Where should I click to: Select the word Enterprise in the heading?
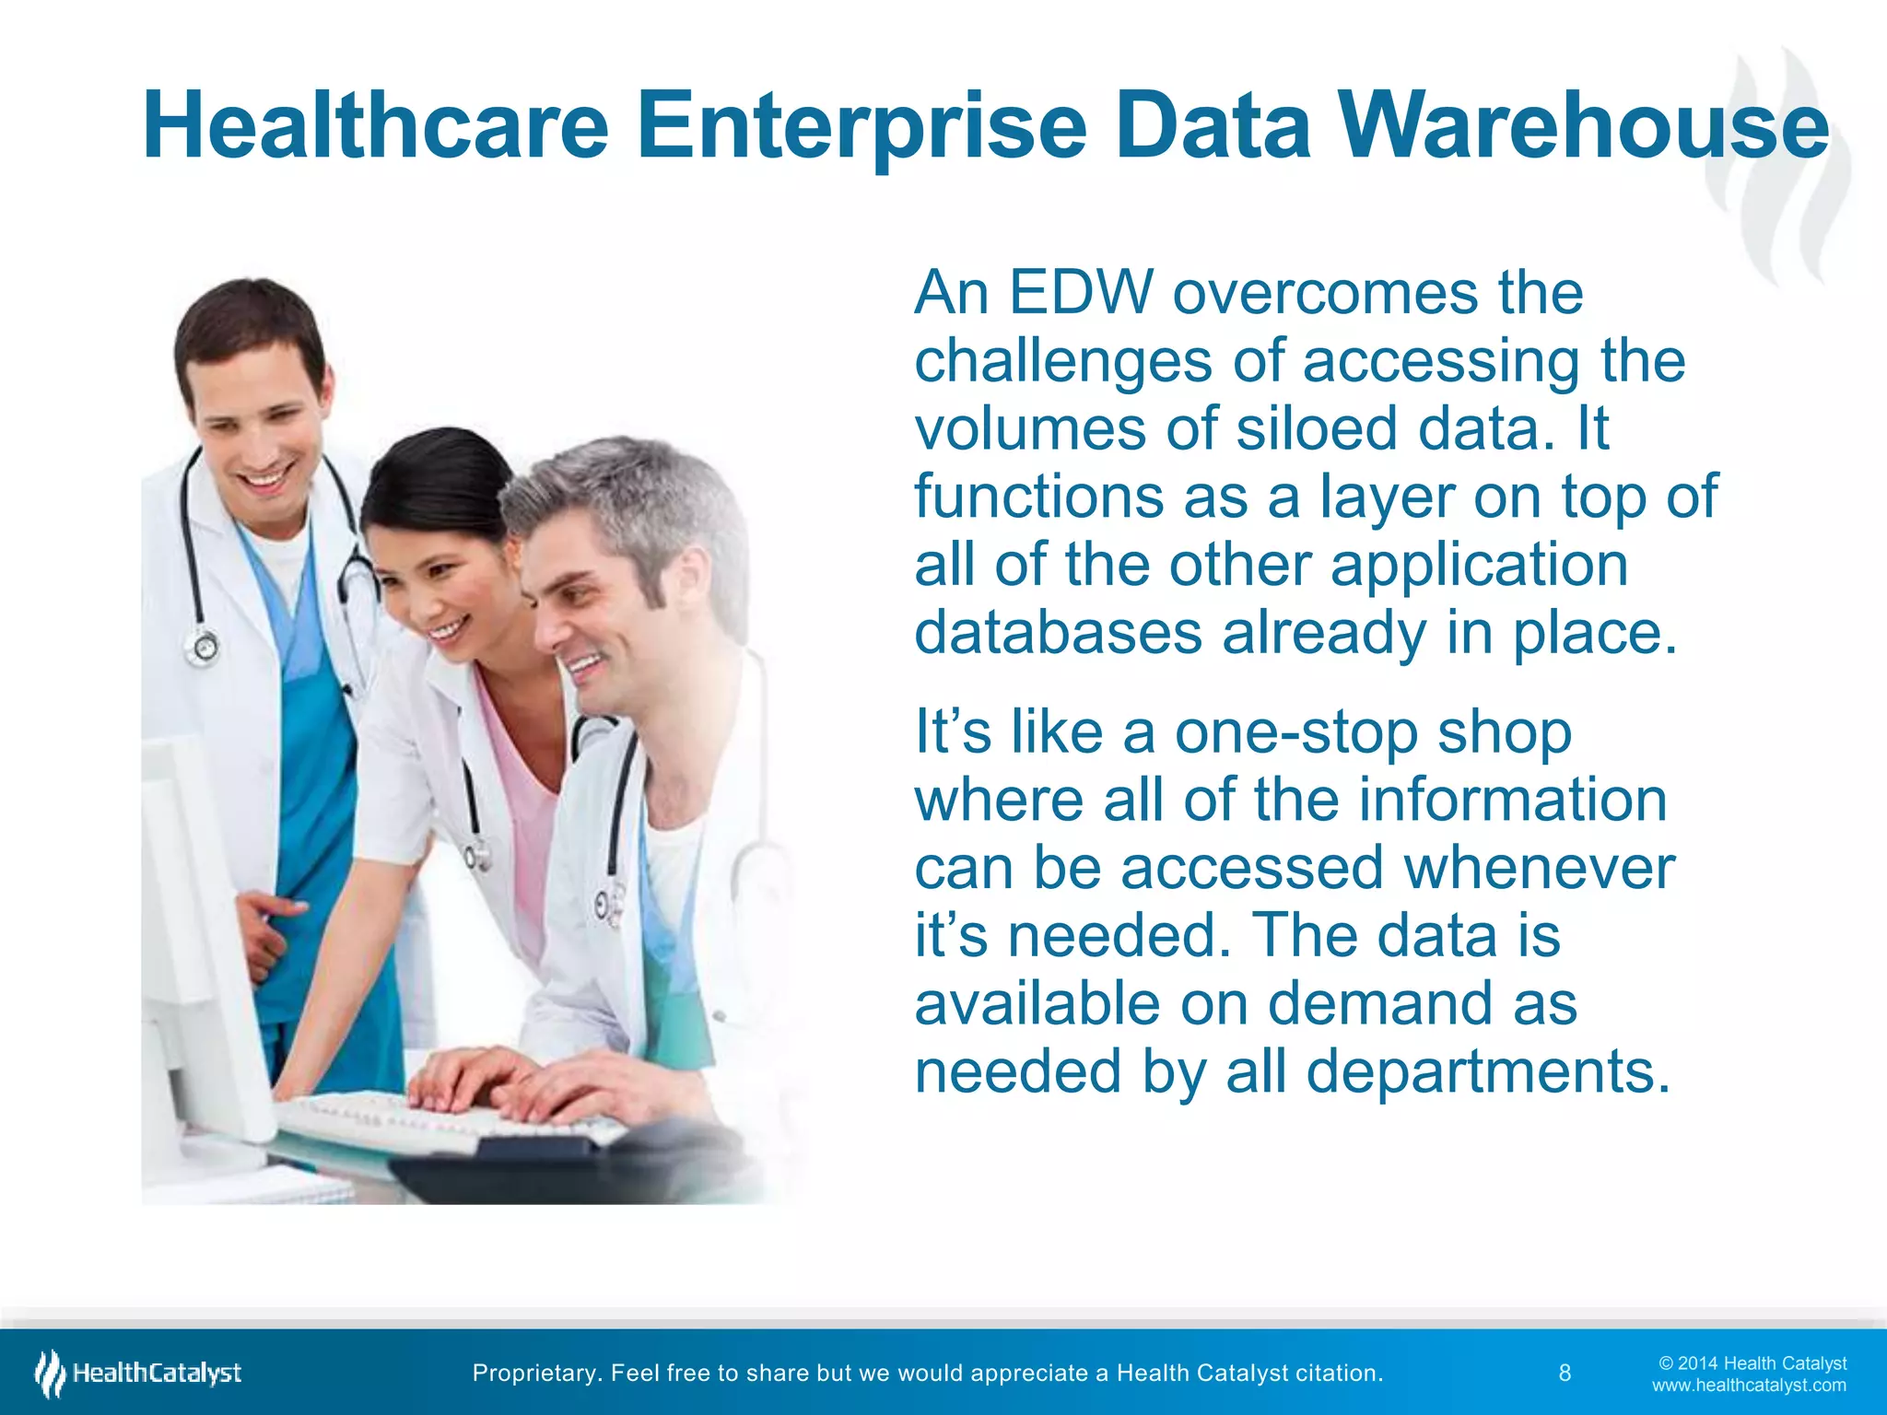pos(862,127)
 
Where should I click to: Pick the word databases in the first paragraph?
pos(1059,633)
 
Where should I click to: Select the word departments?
pos(1487,1072)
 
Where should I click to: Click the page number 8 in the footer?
pos(1565,1373)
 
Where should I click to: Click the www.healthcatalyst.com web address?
pos(1749,1385)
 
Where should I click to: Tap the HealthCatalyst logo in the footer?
pos(138,1373)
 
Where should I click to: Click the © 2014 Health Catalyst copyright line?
pos(1752,1362)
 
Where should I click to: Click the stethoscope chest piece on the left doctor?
pos(203,647)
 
